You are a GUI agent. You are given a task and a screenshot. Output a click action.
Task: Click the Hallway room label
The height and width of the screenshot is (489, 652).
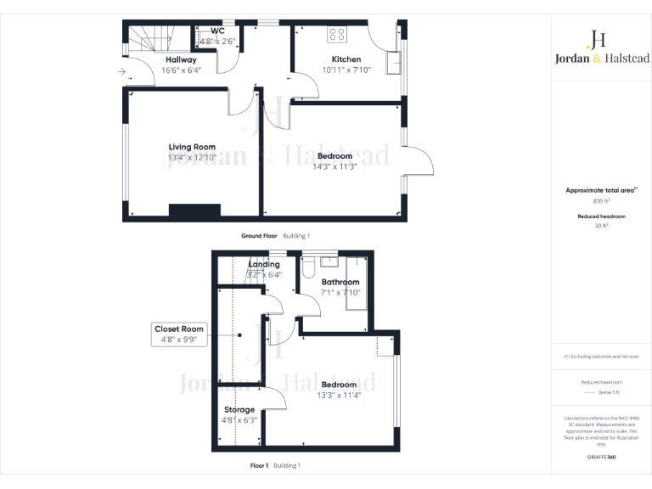pyautogui.click(x=181, y=60)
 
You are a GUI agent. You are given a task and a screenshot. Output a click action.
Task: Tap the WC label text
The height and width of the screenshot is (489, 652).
pyautogui.click(x=205, y=31)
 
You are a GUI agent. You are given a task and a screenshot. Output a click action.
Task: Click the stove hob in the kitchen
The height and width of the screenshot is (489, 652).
pyautogui.click(x=337, y=35)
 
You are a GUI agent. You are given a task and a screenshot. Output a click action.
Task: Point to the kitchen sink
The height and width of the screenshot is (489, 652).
pyautogui.click(x=393, y=63)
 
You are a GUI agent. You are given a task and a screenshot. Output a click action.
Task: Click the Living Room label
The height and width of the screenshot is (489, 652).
pyautogui.click(x=191, y=147)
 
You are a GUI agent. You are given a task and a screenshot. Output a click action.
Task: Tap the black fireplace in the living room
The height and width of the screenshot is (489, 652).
pyautogui.click(x=194, y=211)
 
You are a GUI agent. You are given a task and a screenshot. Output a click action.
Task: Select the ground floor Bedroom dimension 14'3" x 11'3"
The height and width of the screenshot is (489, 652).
pyautogui.click(x=334, y=166)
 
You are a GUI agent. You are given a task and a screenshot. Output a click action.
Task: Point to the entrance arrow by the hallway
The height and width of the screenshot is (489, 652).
pyautogui.click(x=122, y=73)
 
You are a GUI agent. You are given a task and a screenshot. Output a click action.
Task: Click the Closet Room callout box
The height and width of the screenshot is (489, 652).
pyautogui.click(x=179, y=334)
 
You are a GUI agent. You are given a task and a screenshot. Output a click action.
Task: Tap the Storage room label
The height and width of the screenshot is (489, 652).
pyautogui.click(x=239, y=409)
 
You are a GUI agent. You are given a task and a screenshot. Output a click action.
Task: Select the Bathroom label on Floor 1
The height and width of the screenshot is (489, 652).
pyautogui.click(x=340, y=282)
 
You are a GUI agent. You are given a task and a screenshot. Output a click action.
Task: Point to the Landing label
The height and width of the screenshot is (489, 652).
pyautogui.click(x=263, y=265)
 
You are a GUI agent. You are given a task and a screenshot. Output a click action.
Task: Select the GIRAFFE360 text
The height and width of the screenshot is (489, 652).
pyautogui.click(x=601, y=456)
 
